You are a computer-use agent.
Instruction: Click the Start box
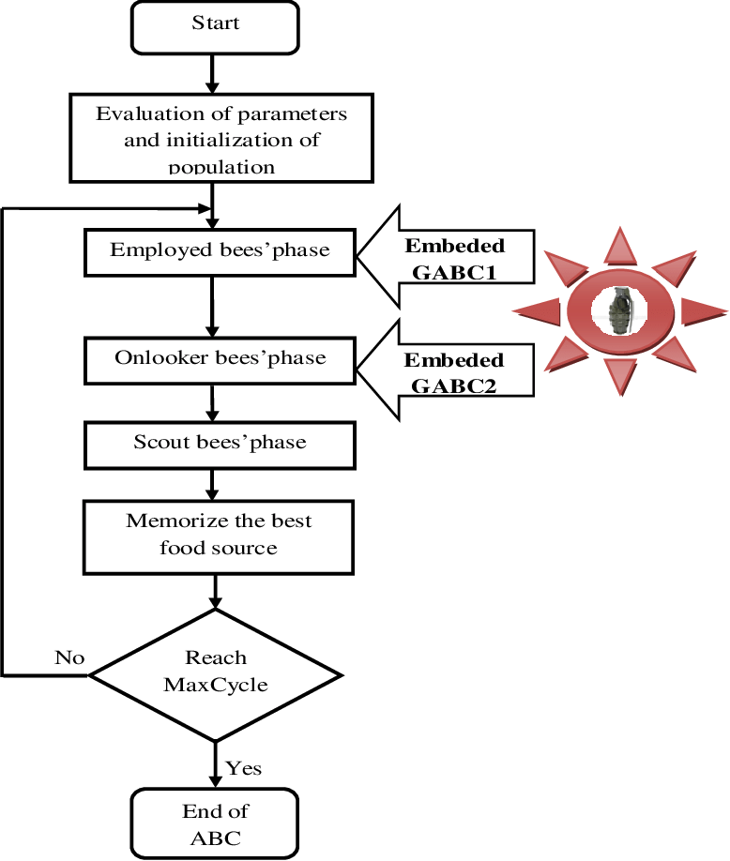215,26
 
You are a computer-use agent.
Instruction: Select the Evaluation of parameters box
221,138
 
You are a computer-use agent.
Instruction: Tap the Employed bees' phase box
220,251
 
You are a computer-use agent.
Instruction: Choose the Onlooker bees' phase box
220,360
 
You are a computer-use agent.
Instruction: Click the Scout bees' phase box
220,445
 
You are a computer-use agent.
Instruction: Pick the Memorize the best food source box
218,536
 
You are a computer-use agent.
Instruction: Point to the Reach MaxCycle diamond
216,673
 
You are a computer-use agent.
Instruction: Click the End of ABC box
215,823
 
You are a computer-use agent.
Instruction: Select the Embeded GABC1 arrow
450,257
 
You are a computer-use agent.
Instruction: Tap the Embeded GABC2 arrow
450,371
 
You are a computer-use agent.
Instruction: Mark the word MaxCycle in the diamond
216,685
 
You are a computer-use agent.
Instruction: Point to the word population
221,167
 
